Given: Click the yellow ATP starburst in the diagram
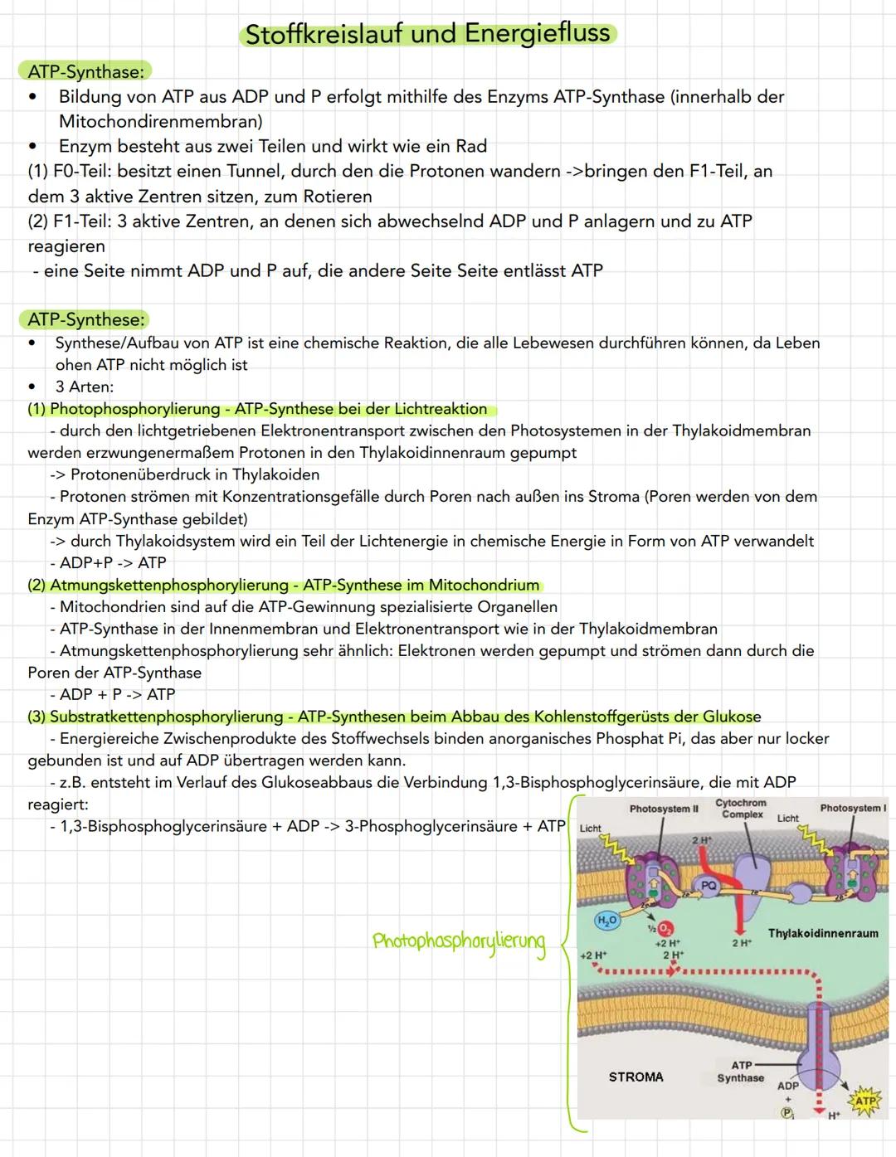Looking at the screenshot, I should tap(865, 1101).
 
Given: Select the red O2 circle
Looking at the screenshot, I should tap(666, 929).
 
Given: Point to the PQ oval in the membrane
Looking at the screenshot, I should tap(708, 886).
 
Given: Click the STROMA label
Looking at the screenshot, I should tap(635, 1077).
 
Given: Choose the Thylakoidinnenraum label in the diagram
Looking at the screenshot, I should tap(822, 933).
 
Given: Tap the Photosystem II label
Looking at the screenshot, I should tap(664, 809).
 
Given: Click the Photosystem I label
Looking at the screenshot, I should tap(852, 808).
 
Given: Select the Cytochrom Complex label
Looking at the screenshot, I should tap(742, 809).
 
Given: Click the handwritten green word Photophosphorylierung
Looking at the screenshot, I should tap(459, 942).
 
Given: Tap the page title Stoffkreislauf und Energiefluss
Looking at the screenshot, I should tap(428, 34).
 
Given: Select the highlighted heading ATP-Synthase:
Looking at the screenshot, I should tap(85, 71).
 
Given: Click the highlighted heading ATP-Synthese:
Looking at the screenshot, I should tap(86, 319).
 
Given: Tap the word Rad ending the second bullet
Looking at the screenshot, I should tap(471, 147).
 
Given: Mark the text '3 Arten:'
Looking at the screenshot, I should tap(85, 386).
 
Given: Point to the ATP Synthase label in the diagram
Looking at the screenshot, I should tap(741, 1072).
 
